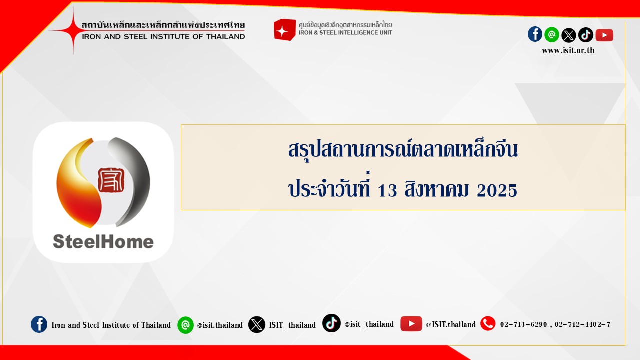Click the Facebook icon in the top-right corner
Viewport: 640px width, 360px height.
pos(535,34)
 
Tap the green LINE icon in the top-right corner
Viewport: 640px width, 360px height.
pos(551,35)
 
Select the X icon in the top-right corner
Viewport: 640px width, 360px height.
pos(568,35)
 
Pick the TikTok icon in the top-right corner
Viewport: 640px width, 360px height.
pos(585,35)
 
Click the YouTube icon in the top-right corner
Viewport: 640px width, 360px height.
pos(604,35)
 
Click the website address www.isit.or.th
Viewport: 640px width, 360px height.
pos(568,51)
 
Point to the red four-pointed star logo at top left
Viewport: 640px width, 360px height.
pos(73,30)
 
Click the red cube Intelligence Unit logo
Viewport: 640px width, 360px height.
pos(284,29)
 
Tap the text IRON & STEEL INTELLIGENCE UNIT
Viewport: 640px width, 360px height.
pos(345,33)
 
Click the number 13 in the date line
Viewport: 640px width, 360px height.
pos(387,191)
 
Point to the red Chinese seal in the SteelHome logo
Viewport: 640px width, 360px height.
pos(111,180)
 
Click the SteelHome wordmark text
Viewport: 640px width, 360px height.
pos(103,241)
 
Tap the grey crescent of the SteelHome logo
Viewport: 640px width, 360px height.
pos(131,180)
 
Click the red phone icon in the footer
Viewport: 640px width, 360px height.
pos(488,323)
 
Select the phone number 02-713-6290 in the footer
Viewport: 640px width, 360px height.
pos(523,324)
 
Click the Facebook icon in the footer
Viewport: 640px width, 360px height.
pos(39,324)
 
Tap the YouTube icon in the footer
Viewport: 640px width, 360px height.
pos(411,324)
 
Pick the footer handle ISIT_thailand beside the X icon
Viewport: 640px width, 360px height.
pos(292,325)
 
